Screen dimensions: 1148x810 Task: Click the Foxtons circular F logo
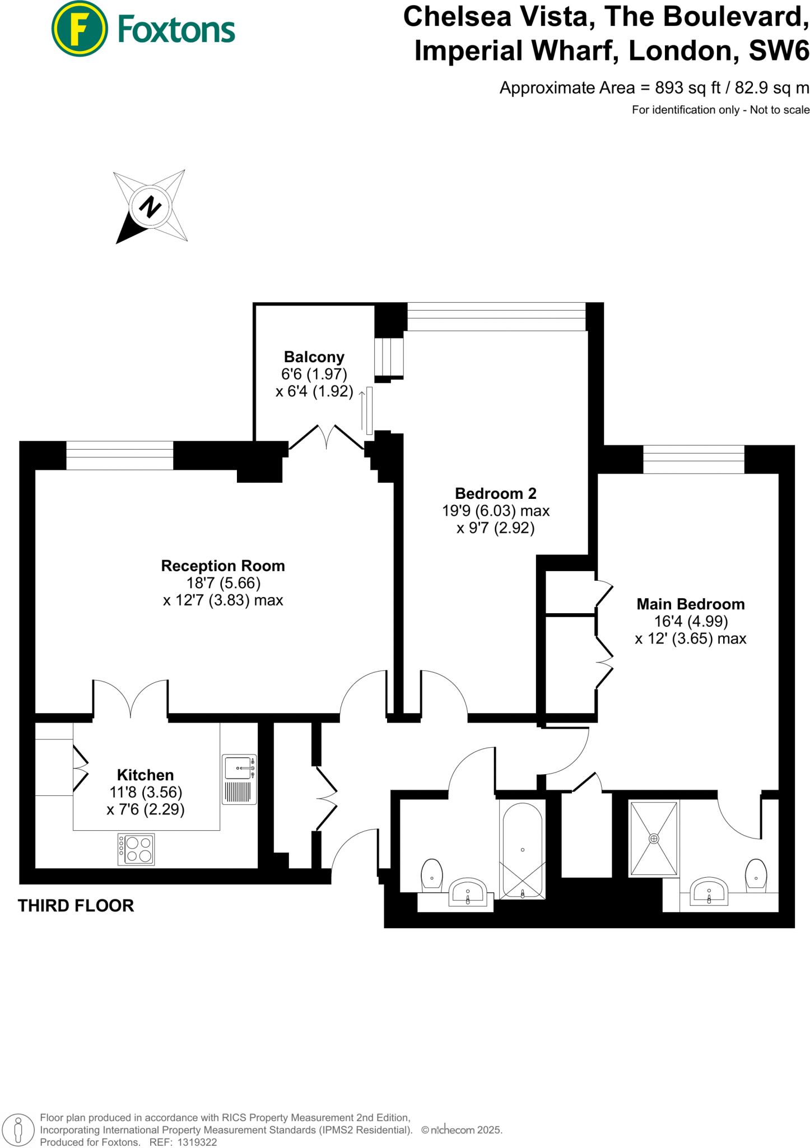point(79,29)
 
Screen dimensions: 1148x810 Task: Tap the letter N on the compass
point(150,207)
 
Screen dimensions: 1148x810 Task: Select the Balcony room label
point(314,357)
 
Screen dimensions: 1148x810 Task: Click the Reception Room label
point(223,566)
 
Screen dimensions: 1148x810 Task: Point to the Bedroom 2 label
point(495,493)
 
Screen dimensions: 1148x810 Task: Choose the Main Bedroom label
point(690,604)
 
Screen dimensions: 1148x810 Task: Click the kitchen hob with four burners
point(136,849)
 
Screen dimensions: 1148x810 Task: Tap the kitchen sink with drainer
point(239,779)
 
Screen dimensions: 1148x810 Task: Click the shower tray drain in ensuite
point(654,839)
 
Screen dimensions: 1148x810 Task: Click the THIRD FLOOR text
point(76,906)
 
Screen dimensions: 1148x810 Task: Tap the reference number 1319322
point(197,1142)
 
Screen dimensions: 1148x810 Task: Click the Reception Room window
point(119,456)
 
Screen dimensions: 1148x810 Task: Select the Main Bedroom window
point(693,459)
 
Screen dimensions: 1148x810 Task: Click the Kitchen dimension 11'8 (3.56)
point(146,792)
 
